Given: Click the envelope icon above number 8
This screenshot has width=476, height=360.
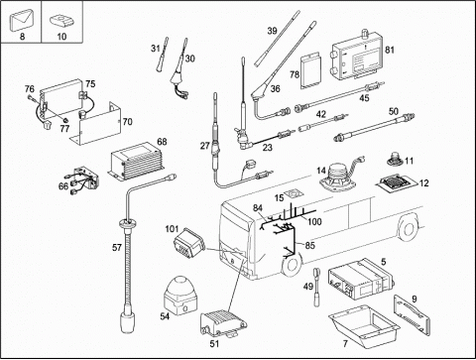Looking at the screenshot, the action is point(22,21).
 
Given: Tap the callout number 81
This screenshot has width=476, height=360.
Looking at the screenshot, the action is point(390,50).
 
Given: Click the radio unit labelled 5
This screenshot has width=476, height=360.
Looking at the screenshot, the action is point(361,280).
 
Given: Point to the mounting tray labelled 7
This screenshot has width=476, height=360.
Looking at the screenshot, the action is point(364,325).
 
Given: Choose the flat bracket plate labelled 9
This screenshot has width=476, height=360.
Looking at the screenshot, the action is point(413,315).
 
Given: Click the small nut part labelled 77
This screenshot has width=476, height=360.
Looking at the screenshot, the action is point(65,120).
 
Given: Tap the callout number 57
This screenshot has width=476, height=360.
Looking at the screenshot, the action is point(117,247).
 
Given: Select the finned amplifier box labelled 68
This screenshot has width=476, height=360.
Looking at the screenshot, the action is point(136,161).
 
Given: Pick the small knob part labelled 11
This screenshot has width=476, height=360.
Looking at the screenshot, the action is point(394,159).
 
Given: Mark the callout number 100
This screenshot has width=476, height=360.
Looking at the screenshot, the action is point(314,221).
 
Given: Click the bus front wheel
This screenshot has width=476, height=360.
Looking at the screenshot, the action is point(292,264).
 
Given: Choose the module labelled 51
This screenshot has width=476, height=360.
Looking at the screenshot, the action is point(223,322).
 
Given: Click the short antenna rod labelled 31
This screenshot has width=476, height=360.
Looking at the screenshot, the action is point(162,55).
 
